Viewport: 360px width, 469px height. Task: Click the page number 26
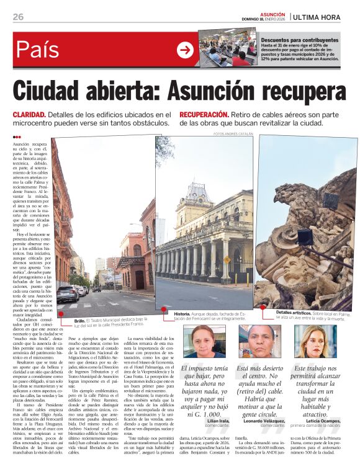coord(19,17)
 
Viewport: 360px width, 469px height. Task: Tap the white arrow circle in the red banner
coord(185,50)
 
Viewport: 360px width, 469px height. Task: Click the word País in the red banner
coord(38,50)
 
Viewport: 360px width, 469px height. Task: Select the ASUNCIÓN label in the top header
coord(272,14)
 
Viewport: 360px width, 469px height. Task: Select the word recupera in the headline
coord(300,92)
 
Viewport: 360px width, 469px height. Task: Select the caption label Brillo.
coord(79,320)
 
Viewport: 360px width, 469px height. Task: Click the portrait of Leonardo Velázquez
coord(257,342)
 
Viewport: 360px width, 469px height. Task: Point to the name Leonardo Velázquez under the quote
coord(262,421)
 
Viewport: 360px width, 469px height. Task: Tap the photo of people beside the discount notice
coord(228,48)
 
